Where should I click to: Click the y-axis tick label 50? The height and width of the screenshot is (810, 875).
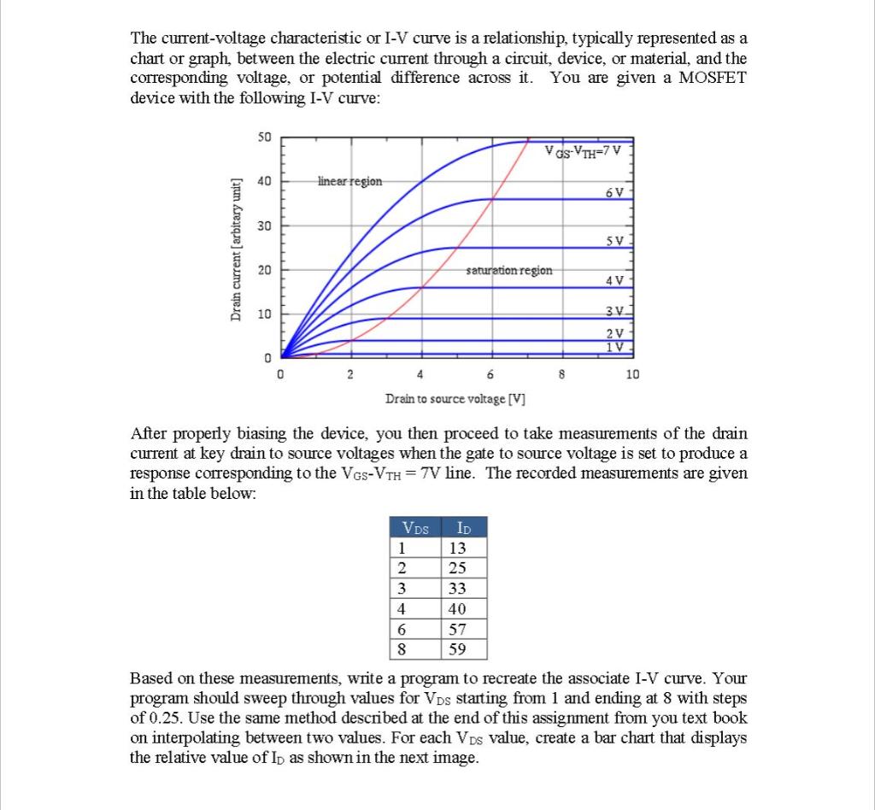pyautogui.click(x=264, y=138)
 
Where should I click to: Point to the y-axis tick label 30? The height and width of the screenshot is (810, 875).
pyautogui.click(x=264, y=226)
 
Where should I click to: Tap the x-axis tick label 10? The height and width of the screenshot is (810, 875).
pyautogui.click(x=631, y=374)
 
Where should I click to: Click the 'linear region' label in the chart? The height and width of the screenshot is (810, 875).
pyautogui.click(x=349, y=181)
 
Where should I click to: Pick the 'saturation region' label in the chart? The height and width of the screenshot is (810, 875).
pyautogui.click(x=509, y=270)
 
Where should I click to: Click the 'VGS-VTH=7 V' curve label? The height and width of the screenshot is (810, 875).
pyautogui.click(x=587, y=152)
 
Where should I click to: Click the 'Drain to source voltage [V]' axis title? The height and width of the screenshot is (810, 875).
pyautogui.click(x=455, y=399)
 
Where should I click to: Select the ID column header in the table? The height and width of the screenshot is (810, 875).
pyautogui.click(x=463, y=526)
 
